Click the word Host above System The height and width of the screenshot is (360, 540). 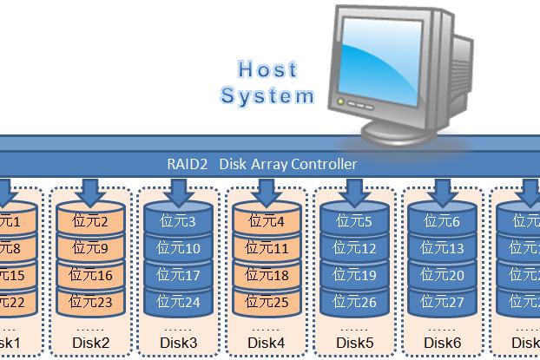pyautogui.click(x=267, y=69)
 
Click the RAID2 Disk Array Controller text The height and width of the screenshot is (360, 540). pyautogui.click(x=261, y=164)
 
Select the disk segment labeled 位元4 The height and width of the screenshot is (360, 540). pyautogui.click(x=267, y=222)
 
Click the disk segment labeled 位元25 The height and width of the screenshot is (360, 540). pyautogui.click(x=267, y=303)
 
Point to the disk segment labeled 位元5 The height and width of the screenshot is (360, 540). pyautogui.click(x=355, y=222)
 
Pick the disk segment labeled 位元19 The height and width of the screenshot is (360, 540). pyautogui.click(x=355, y=276)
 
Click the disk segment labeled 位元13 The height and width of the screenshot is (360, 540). pyautogui.click(x=444, y=249)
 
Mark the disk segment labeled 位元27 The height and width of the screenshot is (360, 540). pyautogui.click(x=444, y=303)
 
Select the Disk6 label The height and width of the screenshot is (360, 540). pyautogui.click(x=444, y=343)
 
